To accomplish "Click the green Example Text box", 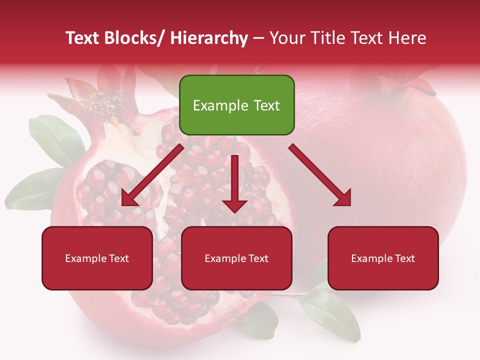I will point(236,105).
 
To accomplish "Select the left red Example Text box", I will point(97,258).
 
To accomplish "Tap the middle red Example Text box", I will point(236,258).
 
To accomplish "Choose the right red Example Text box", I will point(383,258).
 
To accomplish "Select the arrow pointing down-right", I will point(320,175).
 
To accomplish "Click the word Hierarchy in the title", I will point(209,38).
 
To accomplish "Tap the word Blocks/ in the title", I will point(133,38).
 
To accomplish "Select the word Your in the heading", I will point(286,38).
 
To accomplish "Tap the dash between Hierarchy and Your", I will point(258,38).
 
